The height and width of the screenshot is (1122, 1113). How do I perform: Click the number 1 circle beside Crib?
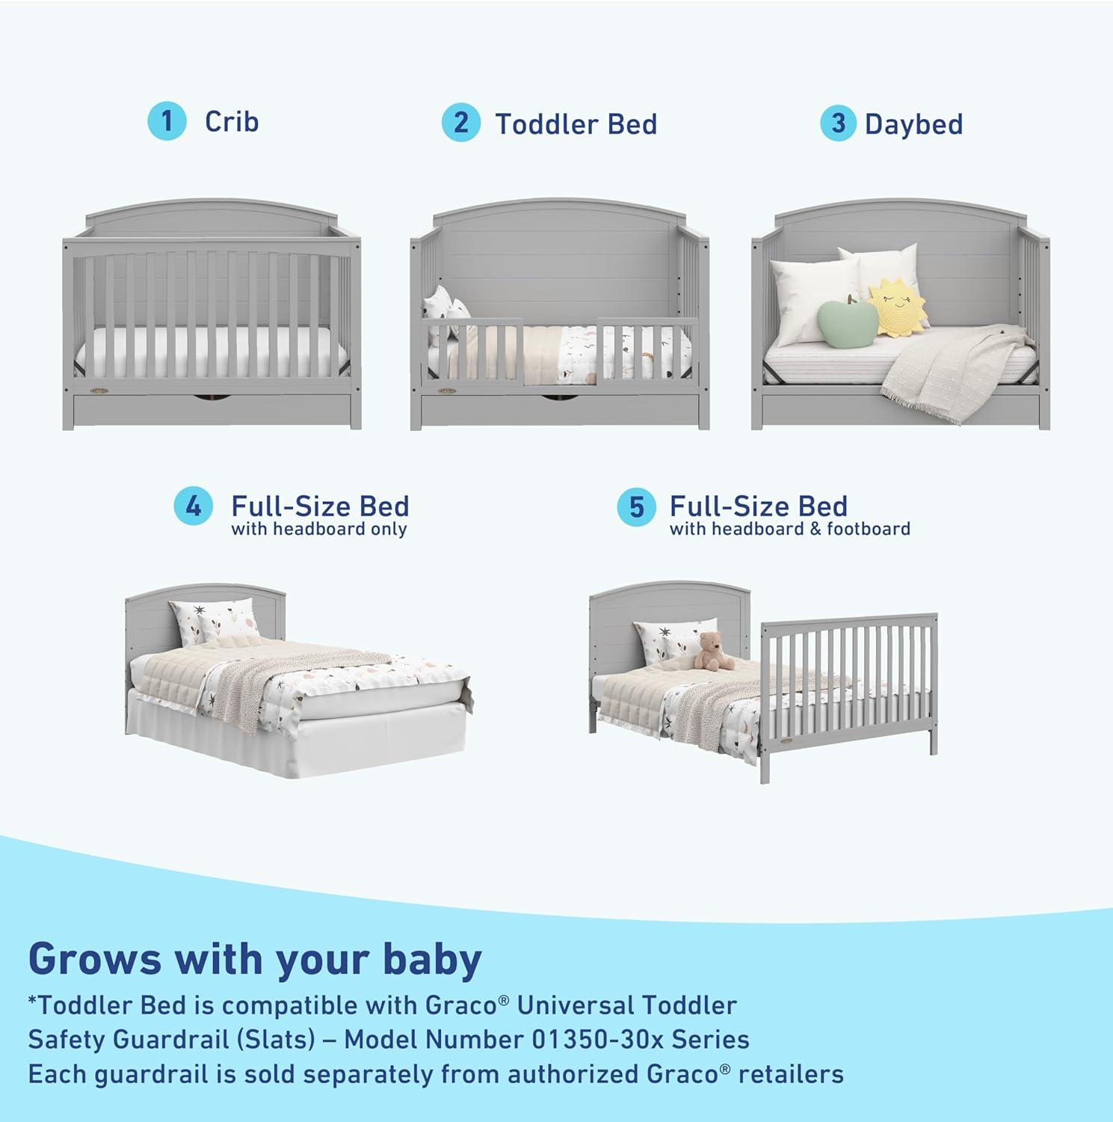[x=166, y=120]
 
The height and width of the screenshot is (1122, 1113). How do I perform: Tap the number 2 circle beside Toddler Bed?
[x=460, y=123]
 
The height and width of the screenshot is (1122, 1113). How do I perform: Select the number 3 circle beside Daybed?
[x=839, y=123]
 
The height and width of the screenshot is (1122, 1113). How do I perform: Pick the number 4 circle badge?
[x=193, y=506]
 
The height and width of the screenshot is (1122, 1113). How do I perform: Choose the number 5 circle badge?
[x=636, y=507]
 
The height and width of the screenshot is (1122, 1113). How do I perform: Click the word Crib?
[x=232, y=121]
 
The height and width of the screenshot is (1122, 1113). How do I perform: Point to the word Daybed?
[x=913, y=124]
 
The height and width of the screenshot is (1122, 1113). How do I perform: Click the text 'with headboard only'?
[x=319, y=530]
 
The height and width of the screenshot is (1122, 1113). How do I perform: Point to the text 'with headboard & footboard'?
[x=789, y=530]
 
